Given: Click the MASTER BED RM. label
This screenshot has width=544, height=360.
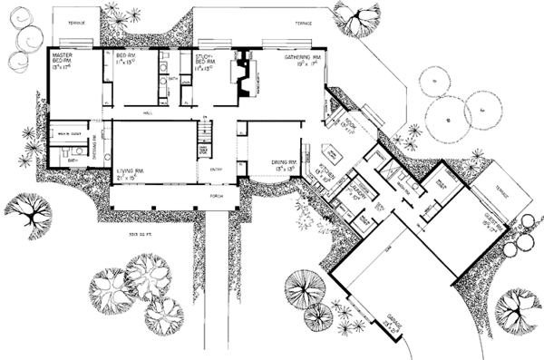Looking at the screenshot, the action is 63,62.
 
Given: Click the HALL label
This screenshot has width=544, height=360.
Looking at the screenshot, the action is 148,112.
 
